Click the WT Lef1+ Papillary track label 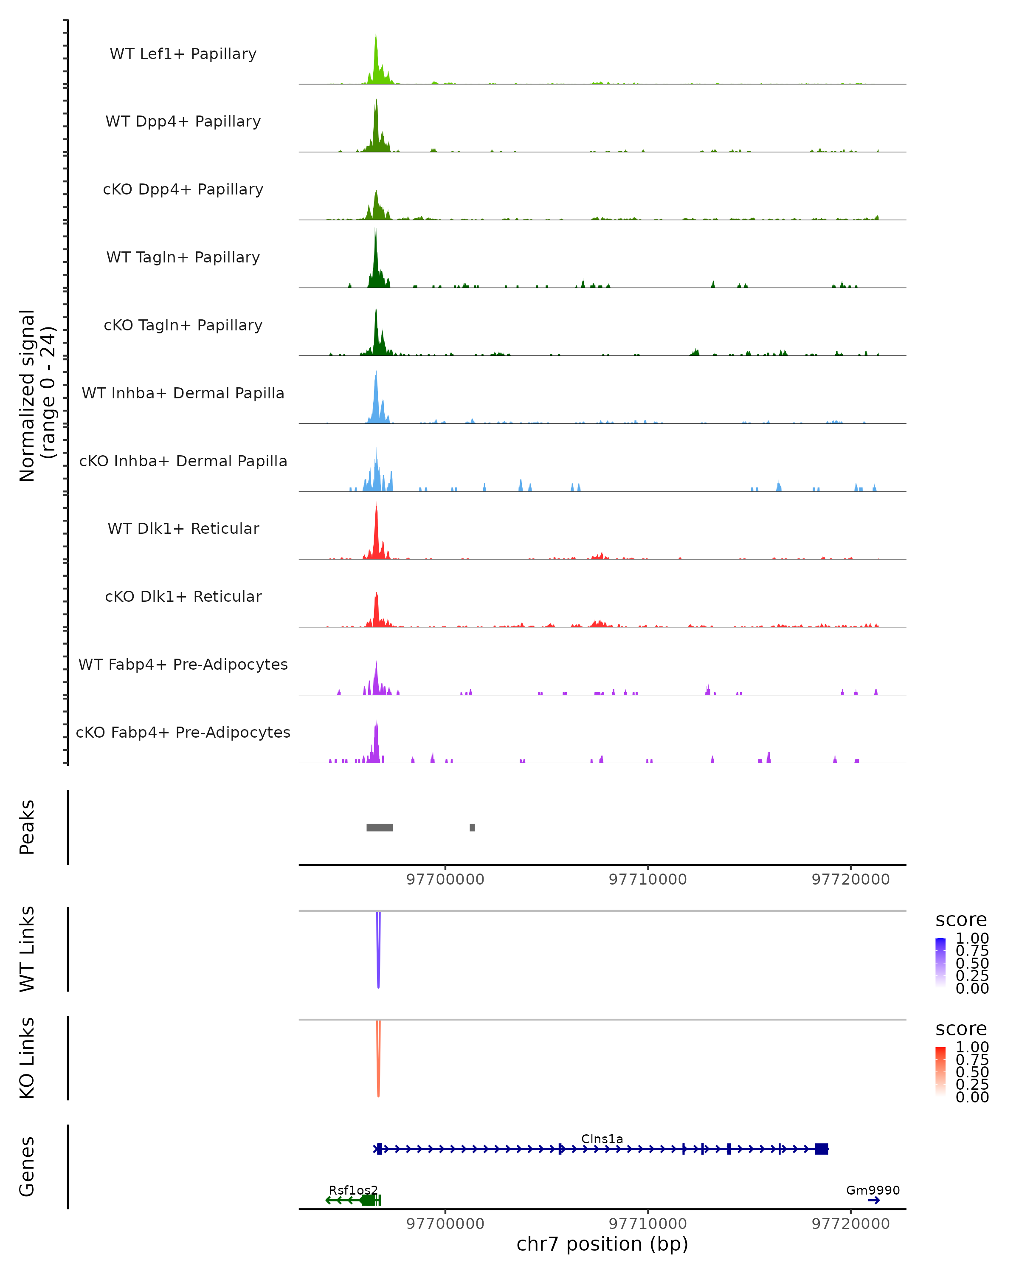[183, 54]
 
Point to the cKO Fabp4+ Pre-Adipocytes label [183, 732]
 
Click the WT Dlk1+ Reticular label [183, 528]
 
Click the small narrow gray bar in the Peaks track [472, 827]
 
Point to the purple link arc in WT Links [378, 957]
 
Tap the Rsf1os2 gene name [353, 1190]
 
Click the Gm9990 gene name [873, 1190]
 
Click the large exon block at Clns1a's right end [821, 1149]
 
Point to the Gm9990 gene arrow [873, 1200]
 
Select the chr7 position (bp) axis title [602, 1244]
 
